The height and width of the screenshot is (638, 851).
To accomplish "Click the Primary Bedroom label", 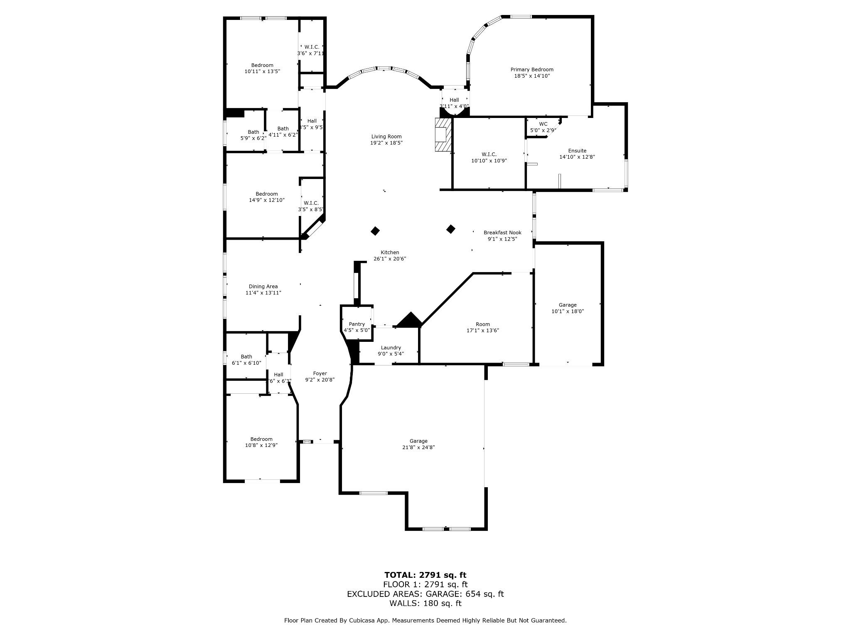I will pos(532,70).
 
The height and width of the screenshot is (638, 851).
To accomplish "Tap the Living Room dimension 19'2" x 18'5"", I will pos(386,143).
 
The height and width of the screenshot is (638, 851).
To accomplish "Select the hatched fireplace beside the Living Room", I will pos(443,135).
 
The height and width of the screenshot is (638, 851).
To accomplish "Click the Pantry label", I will pos(357,324).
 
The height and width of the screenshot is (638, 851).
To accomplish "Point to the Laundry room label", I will pos(391,348).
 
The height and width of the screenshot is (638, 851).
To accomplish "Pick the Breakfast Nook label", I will pos(502,233).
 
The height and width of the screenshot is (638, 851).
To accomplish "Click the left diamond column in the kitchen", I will pos(375,231).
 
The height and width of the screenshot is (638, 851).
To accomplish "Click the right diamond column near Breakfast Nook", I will pos(451,229).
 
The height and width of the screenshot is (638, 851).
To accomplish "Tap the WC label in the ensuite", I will pos(543,124).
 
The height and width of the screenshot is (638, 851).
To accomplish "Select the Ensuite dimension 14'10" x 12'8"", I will pos(577,157).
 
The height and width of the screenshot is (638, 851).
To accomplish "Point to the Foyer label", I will pos(320,373).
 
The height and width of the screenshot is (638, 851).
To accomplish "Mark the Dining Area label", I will pos(263,287).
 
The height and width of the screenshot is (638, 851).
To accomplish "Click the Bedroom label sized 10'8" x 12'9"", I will pos(261,439).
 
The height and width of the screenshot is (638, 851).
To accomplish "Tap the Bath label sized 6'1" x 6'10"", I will pos(246,357).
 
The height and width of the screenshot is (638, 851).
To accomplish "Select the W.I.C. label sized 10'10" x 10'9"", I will pos(489,155).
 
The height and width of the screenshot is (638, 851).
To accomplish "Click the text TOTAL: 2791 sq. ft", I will pos(425,575).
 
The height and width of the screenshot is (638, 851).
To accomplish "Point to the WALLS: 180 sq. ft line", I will pos(425,604).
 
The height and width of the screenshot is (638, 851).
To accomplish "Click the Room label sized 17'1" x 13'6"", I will pos(482,324).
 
